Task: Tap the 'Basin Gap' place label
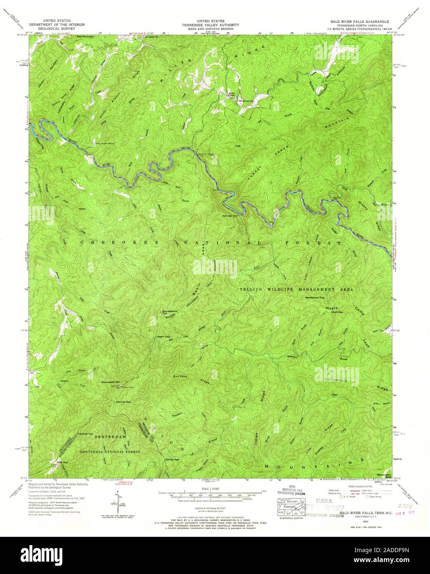(163, 337)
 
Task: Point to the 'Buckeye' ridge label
(180, 376)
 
